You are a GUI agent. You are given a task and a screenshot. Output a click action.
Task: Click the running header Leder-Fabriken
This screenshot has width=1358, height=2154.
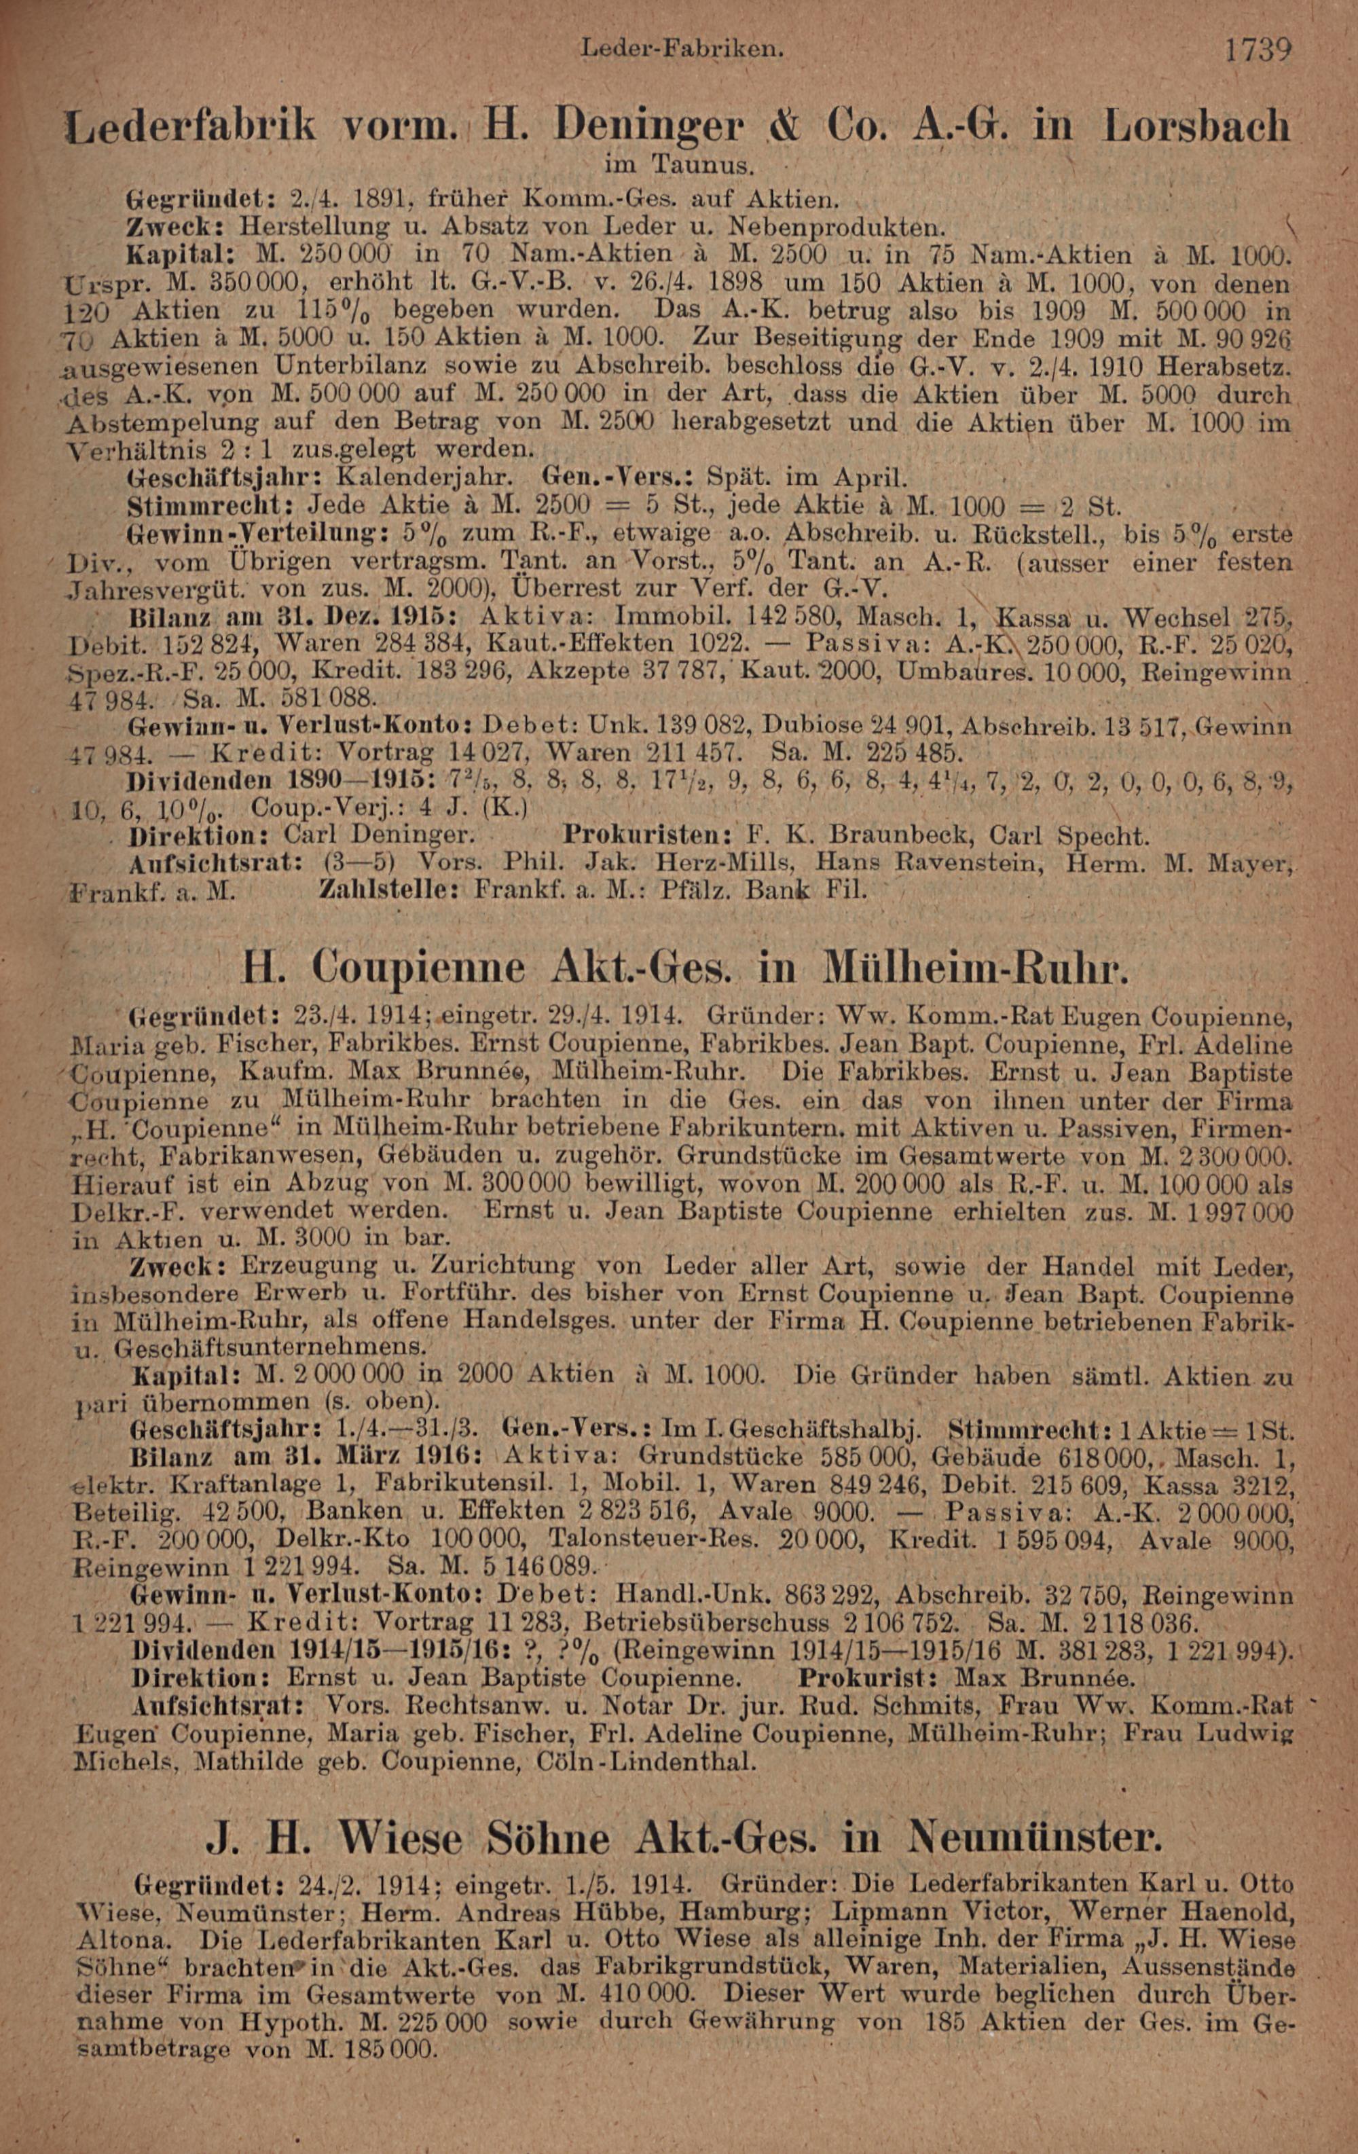point(682,50)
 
